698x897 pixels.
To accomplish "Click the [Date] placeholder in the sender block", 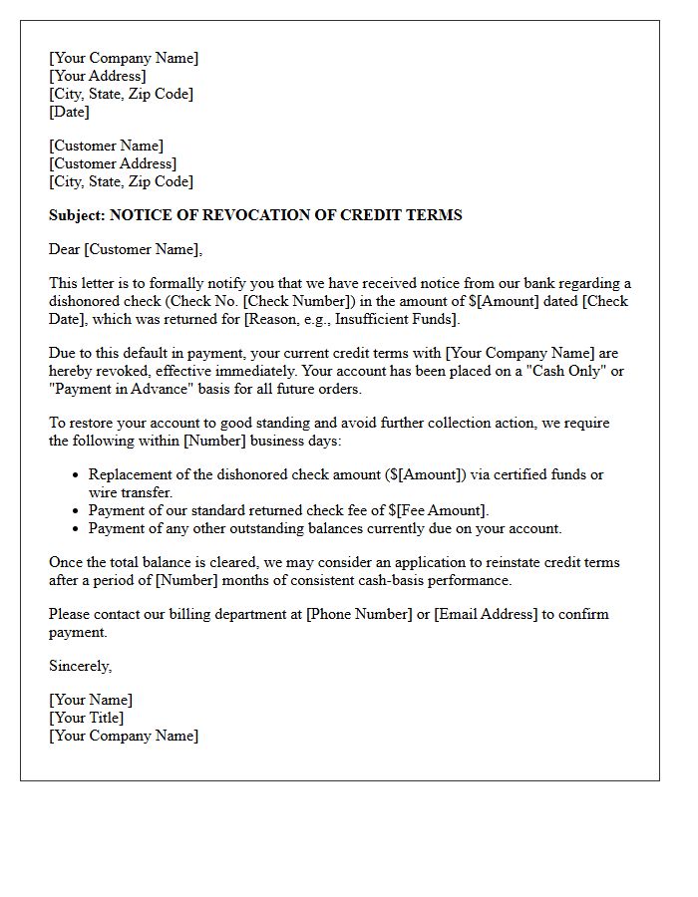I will [x=70, y=113].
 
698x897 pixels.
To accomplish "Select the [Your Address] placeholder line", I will [x=98, y=77].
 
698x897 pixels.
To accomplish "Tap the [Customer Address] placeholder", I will [x=113, y=164].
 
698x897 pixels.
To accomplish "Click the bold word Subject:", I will [x=77, y=215].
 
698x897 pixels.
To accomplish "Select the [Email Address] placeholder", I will [x=486, y=615].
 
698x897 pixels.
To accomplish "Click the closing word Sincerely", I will [x=80, y=667].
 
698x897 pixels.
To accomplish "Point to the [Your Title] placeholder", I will [x=87, y=719].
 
